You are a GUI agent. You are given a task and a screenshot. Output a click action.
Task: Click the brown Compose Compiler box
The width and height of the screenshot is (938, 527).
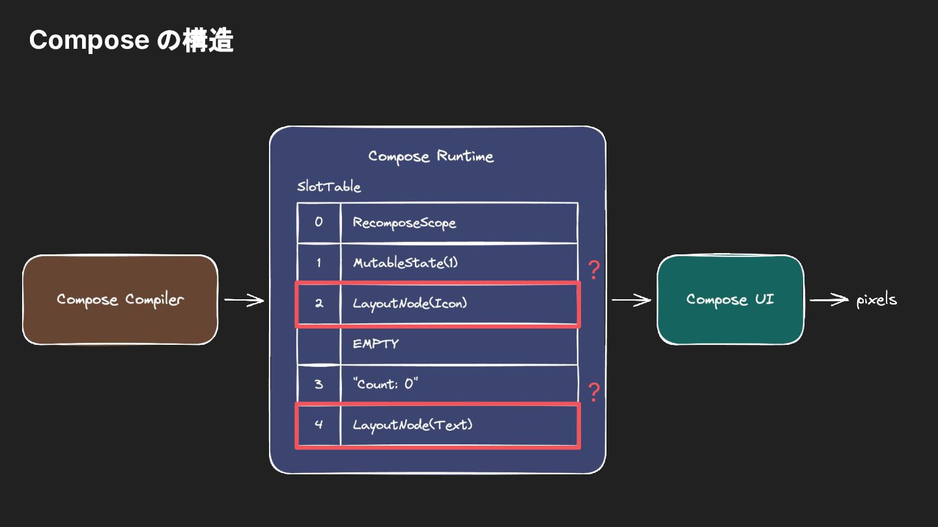click(120, 299)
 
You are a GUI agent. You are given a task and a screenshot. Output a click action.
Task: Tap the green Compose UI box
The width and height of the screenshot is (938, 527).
click(730, 299)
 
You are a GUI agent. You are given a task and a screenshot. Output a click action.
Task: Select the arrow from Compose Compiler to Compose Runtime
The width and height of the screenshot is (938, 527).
click(244, 300)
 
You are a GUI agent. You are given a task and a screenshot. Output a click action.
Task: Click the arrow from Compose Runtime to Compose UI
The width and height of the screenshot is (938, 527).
click(631, 300)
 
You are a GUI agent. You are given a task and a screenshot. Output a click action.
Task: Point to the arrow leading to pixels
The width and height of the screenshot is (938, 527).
click(829, 299)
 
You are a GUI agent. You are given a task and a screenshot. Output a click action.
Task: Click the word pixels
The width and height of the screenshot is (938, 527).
click(877, 300)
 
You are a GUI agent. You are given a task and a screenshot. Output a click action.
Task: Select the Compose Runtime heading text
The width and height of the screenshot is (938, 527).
click(431, 156)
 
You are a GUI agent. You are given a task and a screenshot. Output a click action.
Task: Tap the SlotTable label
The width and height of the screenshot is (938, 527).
click(329, 186)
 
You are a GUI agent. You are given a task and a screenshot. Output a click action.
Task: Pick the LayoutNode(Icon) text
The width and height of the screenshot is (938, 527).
click(410, 303)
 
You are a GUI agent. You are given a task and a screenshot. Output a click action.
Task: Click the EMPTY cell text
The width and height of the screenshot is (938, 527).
click(376, 344)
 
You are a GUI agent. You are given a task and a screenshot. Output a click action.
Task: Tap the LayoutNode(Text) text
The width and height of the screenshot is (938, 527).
click(412, 425)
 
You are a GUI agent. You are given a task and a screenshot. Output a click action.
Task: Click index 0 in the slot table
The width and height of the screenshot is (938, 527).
click(319, 222)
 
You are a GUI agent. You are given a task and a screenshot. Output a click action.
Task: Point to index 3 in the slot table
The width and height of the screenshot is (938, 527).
click(319, 384)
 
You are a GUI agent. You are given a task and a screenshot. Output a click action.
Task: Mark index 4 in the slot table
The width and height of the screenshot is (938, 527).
click(319, 424)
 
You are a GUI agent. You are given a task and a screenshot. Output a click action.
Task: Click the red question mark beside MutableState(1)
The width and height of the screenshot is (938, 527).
click(594, 270)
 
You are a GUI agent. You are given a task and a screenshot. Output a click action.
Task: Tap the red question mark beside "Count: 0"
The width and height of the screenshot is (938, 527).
click(594, 392)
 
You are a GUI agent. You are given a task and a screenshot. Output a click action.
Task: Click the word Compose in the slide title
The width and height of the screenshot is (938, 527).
click(89, 41)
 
